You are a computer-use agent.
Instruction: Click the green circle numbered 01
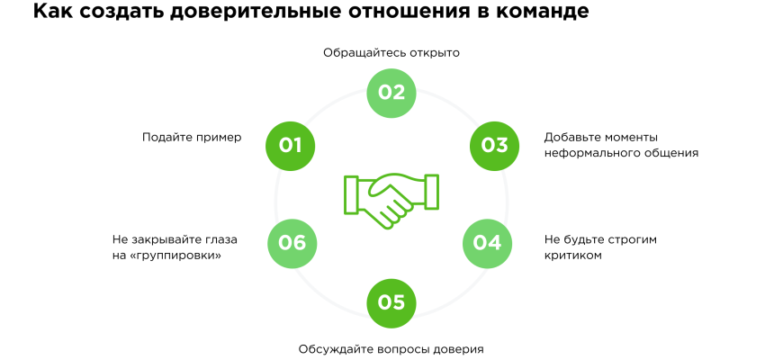290,145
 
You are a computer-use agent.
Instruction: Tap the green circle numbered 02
391,93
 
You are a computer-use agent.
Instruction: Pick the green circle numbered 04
487,242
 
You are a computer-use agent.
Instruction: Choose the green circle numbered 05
391,302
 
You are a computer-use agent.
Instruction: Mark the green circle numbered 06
292,242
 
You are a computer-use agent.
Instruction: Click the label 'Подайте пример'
192,137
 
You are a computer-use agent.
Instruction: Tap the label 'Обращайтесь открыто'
391,53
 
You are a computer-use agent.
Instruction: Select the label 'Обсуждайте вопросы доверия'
391,348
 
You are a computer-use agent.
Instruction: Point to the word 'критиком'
572,256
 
